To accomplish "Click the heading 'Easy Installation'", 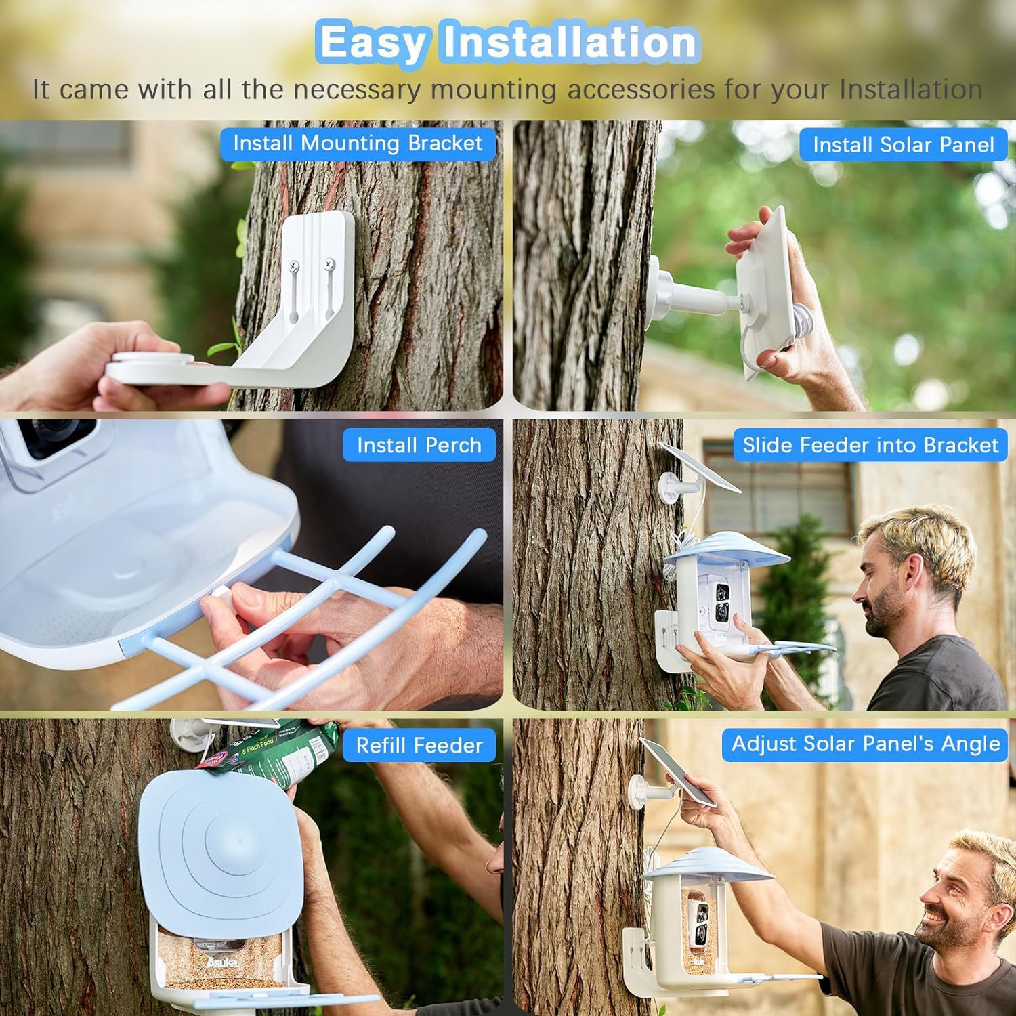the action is click(508, 42).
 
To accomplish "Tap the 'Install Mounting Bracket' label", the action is click(358, 144).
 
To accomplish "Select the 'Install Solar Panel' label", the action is click(904, 144).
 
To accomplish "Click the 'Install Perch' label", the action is click(419, 445).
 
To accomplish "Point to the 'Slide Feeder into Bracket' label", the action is click(870, 445).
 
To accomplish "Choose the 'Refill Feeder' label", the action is click(419, 746).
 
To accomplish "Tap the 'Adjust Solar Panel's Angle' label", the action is click(866, 744).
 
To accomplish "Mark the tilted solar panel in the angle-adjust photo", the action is click(679, 772).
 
